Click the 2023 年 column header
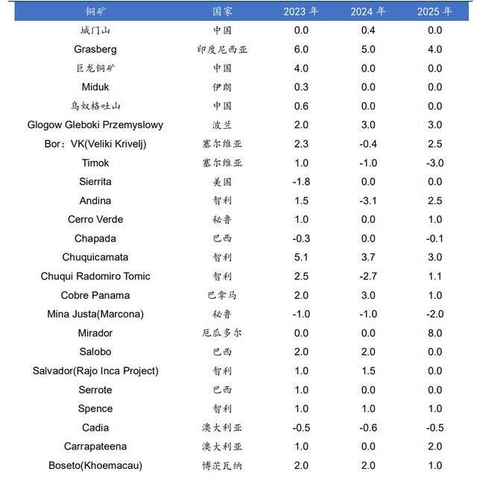(301, 12)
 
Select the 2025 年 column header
(435, 12)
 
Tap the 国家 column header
(222, 12)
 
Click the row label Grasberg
(95, 49)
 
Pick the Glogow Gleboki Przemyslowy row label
(95, 124)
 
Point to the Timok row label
(95, 162)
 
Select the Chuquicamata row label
(95, 257)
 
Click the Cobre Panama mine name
(95, 295)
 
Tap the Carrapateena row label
(95, 446)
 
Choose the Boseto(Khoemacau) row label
(95, 465)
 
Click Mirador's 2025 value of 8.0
(435, 333)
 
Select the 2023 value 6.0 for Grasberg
(301, 49)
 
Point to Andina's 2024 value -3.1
(368, 200)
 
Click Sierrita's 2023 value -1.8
(301, 182)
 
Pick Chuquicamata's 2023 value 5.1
(301, 257)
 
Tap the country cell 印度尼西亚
(222, 49)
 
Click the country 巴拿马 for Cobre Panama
(222, 295)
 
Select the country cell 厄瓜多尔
(222, 333)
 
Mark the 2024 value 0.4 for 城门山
(368, 30)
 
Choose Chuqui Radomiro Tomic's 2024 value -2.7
(368, 276)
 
